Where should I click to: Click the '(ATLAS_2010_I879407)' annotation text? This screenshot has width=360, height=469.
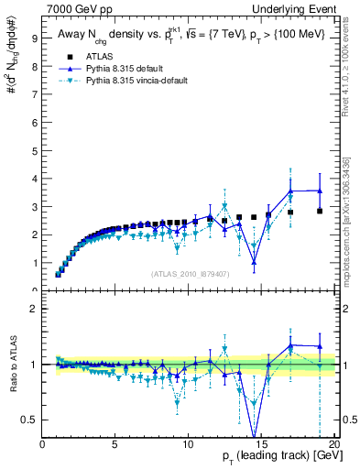[x=189, y=272]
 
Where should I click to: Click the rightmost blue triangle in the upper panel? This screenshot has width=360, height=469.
[x=319, y=191]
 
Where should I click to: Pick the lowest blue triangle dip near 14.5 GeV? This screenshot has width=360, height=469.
[x=254, y=262]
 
